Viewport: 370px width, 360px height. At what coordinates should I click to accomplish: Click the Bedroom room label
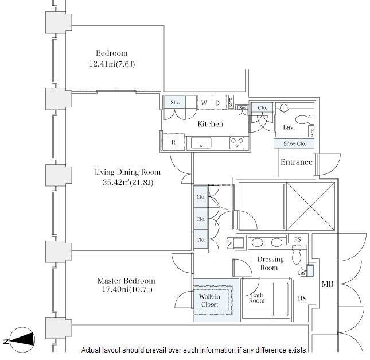(x=111, y=53)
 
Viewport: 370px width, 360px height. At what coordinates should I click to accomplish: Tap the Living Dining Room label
(x=127, y=172)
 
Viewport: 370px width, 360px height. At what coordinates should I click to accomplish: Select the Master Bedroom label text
(x=126, y=281)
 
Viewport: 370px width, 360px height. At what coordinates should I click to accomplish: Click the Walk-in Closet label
(x=209, y=300)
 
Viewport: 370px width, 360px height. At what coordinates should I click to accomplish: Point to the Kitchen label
(x=210, y=124)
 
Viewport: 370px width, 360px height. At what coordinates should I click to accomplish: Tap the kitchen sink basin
(x=201, y=143)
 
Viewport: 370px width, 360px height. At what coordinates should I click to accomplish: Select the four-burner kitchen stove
(x=237, y=142)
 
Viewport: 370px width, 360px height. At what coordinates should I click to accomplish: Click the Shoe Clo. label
(x=294, y=144)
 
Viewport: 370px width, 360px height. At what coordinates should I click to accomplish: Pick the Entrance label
(x=296, y=162)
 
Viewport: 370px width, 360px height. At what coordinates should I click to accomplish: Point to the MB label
(x=327, y=284)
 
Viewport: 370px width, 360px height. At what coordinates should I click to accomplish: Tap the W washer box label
(x=204, y=103)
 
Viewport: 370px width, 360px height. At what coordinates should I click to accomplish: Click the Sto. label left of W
(x=175, y=103)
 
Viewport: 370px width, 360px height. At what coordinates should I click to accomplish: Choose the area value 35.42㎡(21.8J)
(x=127, y=183)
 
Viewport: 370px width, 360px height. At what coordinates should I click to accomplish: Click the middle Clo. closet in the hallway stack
(x=201, y=219)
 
